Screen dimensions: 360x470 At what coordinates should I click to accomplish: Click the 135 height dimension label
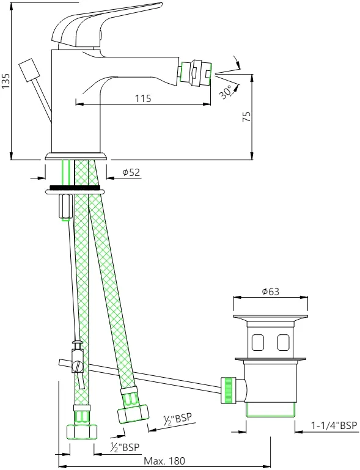click(6, 80)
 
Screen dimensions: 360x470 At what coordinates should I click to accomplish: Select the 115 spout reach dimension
click(143, 98)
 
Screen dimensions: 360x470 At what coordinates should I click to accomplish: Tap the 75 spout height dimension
click(246, 117)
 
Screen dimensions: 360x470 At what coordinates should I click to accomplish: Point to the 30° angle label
click(226, 92)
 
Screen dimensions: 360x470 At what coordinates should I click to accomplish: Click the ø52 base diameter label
click(131, 172)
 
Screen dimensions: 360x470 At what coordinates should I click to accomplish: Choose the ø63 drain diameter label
click(270, 292)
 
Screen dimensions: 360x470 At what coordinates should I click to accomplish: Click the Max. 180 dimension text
click(164, 460)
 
